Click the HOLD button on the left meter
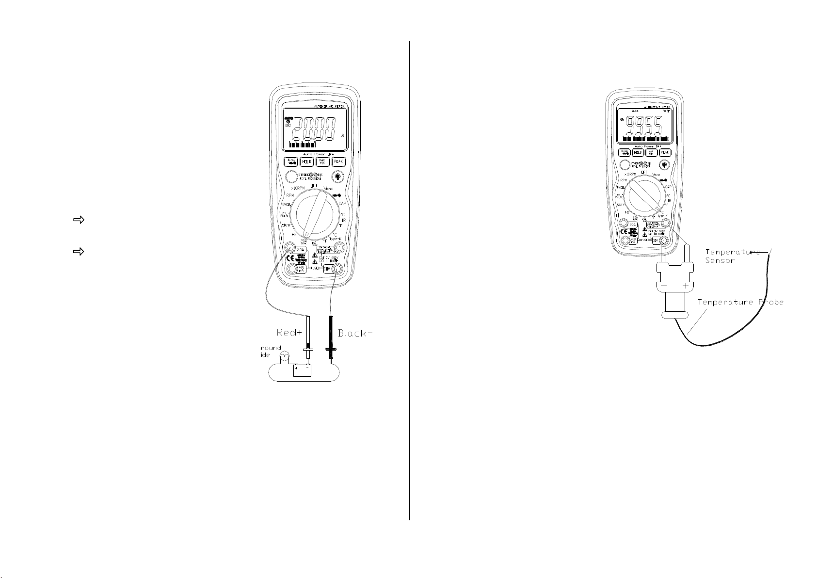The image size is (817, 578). point(306,162)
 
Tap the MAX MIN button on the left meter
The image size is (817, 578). point(323,162)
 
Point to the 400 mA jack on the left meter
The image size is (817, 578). point(291,269)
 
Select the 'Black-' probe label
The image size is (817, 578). point(356,333)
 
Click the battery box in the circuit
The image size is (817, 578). point(302,371)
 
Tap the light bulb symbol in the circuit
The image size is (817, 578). point(285,357)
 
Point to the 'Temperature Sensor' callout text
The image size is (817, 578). point(733,256)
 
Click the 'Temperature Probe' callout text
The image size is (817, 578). point(740,302)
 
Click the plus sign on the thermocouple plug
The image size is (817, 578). point(685,286)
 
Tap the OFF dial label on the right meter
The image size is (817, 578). point(644,172)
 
